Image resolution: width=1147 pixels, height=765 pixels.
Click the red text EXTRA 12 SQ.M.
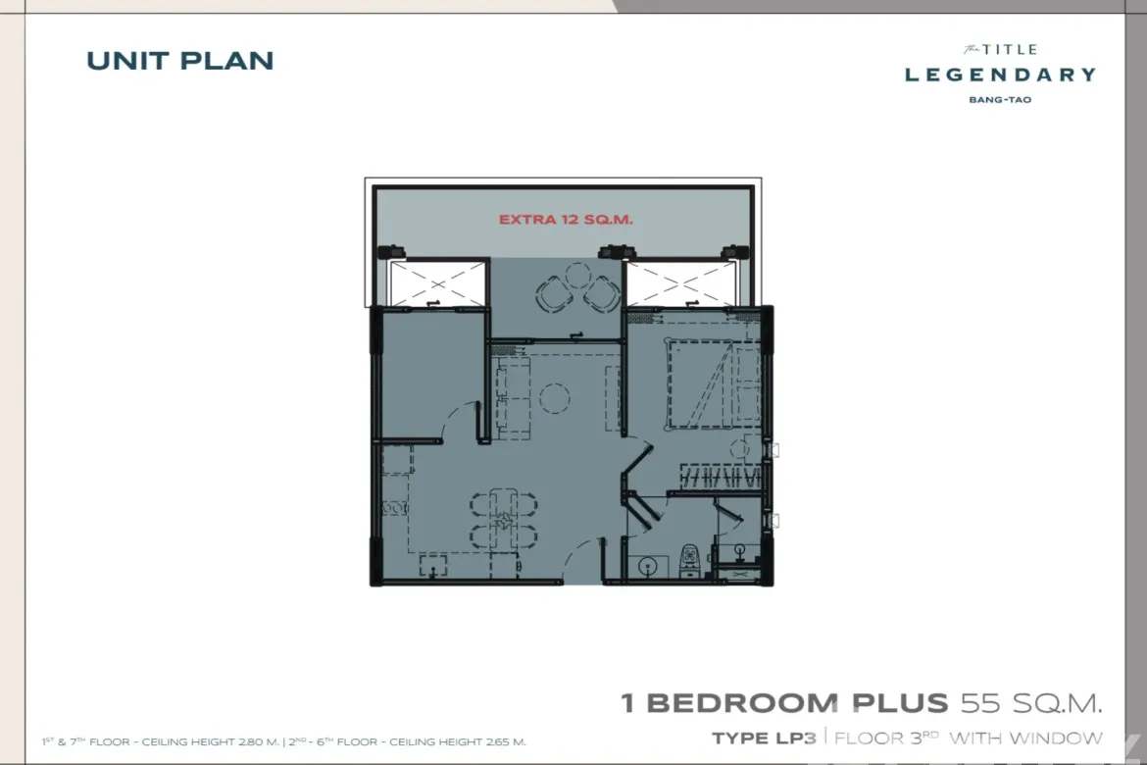(x=566, y=219)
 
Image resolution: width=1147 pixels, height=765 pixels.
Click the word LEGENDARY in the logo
(x=1000, y=75)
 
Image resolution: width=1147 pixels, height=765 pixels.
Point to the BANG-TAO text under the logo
(x=1000, y=100)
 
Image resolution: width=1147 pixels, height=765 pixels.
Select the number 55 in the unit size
(x=981, y=703)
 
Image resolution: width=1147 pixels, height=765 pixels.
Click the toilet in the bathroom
(x=690, y=560)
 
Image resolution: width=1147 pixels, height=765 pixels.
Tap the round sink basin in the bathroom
(x=648, y=566)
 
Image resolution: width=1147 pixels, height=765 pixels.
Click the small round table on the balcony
(x=577, y=276)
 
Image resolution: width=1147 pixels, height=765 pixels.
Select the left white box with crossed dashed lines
(x=437, y=283)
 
